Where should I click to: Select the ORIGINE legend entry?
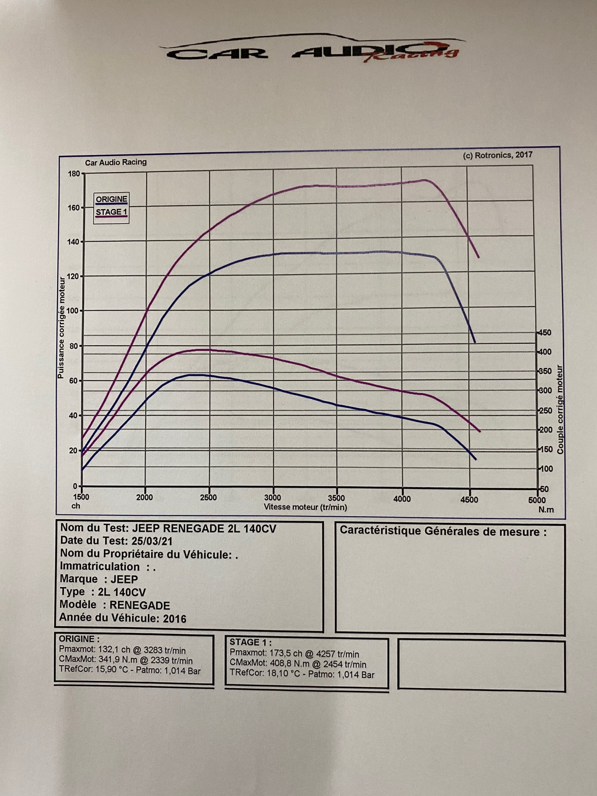pos(111,199)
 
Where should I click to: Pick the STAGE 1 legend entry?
pos(111,212)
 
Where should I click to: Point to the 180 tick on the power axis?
pos(74,174)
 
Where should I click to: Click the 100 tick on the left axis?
pos(73,310)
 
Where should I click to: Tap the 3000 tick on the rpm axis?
pos(273,497)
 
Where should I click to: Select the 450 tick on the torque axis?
pos(545,333)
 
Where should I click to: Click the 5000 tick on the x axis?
pos(537,500)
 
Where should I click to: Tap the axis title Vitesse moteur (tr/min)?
pos(305,507)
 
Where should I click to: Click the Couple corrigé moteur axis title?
pos(560,410)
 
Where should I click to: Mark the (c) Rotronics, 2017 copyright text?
pos(497,155)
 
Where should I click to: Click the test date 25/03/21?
pos(152,541)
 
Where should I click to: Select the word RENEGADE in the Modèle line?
pos(140,605)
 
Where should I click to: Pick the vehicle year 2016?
pos(175,618)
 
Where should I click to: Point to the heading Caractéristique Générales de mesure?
pos(443,531)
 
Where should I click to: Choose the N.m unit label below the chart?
pos(546,510)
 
